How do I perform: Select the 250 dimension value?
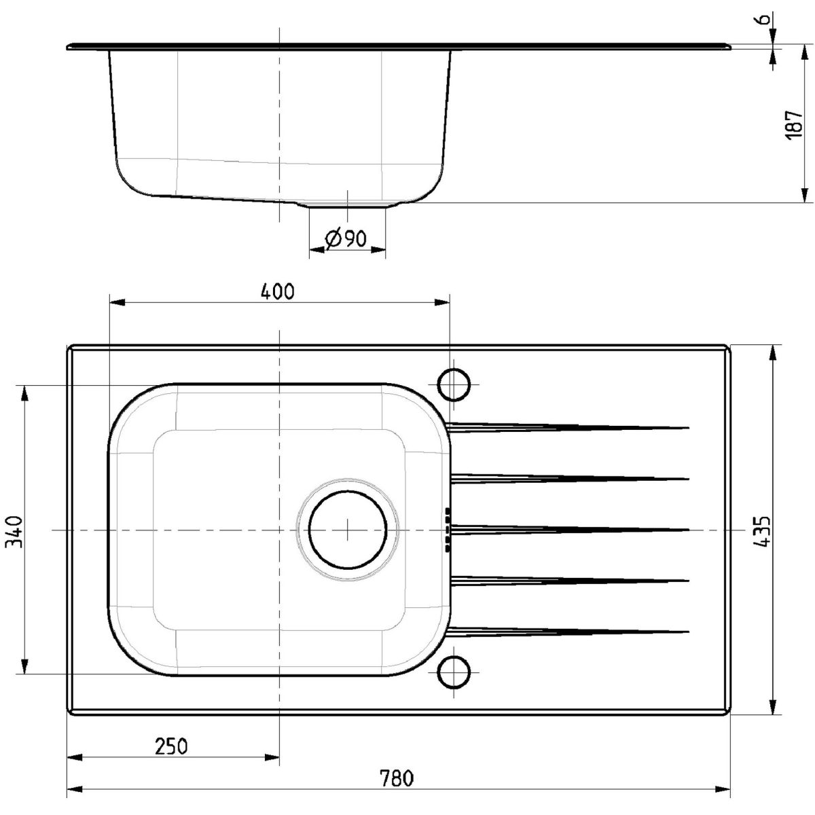pos(171,735)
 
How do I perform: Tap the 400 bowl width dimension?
pos(278,292)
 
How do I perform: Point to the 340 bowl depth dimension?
pos(13,532)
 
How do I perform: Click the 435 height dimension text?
pos(762,532)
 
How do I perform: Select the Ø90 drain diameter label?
pos(346,239)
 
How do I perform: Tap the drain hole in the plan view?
pos(348,529)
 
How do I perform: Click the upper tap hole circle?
pos(454,384)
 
